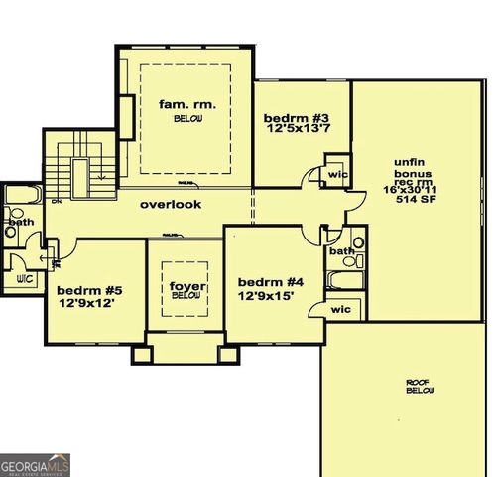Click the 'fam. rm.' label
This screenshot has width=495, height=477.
pos(187,102)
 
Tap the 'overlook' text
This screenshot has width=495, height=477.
pos(170,204)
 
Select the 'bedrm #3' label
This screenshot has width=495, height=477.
pos(294,119)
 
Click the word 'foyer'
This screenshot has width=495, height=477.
pos(186,286)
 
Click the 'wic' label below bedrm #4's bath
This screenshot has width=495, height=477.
pos(340,309)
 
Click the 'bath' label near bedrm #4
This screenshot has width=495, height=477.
pos(341,251)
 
